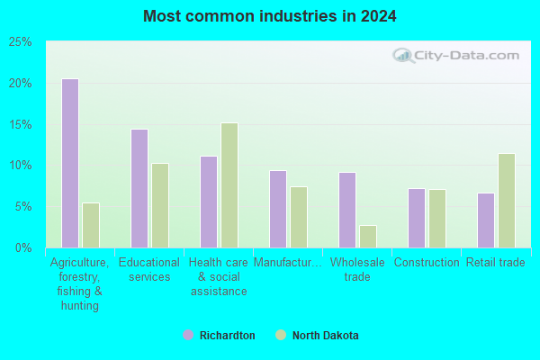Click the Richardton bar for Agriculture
pos(70,163)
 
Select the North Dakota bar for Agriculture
pos(91,225)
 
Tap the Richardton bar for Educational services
pos(139,188)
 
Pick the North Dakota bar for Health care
pos(229,185)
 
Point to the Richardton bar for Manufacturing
pos(278,209)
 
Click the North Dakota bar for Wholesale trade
pos(368,237)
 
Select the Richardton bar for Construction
pos(417,218)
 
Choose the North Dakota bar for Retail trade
pos(507,201)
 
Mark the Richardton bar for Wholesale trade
pos(347,210)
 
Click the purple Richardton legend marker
pos(188,335)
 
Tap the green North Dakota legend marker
pos(281,335)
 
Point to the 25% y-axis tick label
pos(20,42)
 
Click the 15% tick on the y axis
pos(20,124)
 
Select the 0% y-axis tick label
pos(23,247)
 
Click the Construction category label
pos(427,263)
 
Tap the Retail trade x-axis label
pos(496,263)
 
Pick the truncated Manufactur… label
pos(288,263)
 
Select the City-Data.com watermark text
pos(466,56)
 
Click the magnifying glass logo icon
pos(403,56)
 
